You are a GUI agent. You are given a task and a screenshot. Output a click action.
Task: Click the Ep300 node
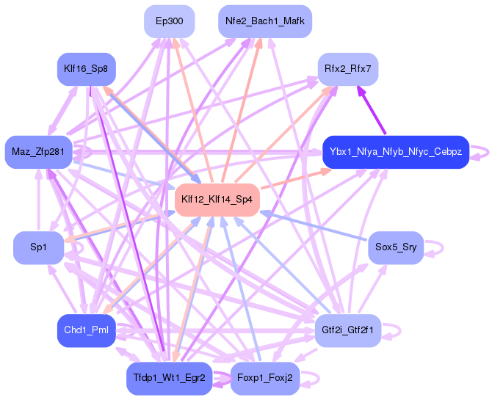coord(170,21)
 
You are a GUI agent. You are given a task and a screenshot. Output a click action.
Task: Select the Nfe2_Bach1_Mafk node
coord(265,21)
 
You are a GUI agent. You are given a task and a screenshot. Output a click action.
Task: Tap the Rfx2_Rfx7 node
coord(347,69)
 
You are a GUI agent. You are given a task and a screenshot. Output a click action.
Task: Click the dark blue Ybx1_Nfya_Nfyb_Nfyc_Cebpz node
coord(395,152)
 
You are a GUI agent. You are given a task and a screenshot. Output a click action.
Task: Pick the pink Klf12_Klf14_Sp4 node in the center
coord(217,200)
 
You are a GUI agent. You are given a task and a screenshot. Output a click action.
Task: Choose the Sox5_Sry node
coord(395,247)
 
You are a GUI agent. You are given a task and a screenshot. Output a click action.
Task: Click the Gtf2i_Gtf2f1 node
coord(347,330)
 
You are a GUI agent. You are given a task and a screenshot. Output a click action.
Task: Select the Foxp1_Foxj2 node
coord(265,378)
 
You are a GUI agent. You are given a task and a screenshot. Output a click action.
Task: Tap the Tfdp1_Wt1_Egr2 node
coord(169,378)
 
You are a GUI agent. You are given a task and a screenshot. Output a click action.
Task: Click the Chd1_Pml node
coord(87,330)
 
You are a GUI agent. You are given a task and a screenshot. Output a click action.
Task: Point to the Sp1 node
coord(39,247)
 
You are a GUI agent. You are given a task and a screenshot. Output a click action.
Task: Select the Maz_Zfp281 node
coord(39,152)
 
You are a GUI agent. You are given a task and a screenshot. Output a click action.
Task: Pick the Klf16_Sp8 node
coord(87,69)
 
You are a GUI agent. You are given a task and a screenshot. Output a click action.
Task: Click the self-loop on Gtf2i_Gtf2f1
coord(394,330)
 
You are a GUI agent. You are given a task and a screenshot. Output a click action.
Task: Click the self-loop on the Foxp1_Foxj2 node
coord(311,378)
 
